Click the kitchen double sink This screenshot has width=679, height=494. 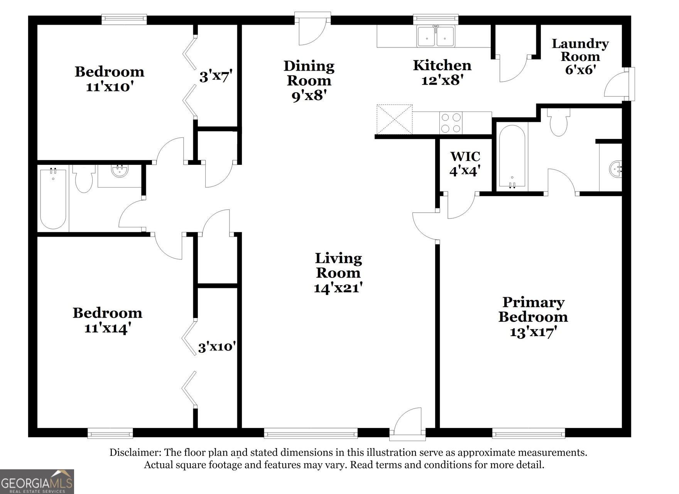[436, 36]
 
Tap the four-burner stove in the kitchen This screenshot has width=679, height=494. [451, 123]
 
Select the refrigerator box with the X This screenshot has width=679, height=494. [394, 119]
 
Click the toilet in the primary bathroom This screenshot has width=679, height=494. [558, 122]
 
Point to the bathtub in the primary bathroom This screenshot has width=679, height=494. [512, 156]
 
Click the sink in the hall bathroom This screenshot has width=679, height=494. [120, 171]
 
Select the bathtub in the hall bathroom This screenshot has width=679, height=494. [53, 198]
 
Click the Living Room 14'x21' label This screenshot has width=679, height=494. [338, 272]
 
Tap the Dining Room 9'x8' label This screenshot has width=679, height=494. [309, 80]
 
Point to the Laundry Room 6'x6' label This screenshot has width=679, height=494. [580, 56]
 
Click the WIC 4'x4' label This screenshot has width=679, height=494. [465, 163]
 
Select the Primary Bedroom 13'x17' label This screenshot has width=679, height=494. [533, 317]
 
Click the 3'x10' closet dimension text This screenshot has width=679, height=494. [217, 347]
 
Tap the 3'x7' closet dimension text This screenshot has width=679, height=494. [215, 76]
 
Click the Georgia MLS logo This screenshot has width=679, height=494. [37, 481]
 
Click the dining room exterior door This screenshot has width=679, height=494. [312, 29]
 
